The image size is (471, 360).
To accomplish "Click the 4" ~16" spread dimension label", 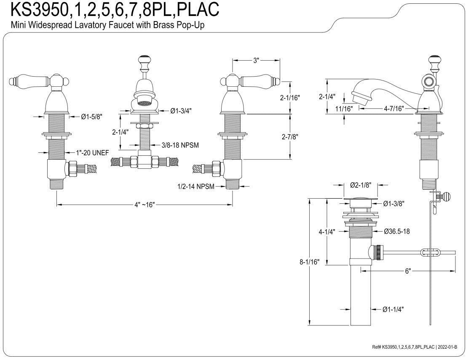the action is (145, 205).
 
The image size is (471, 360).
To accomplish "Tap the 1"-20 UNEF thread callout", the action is (92, 153).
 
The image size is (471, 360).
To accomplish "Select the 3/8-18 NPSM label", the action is (180, 145).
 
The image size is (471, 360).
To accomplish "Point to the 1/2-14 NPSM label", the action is (196, 187).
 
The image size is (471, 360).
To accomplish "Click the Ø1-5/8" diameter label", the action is (92, 117).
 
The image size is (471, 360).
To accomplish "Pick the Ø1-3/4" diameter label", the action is (181, 111).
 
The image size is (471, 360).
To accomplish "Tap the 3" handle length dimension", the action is (256, 60).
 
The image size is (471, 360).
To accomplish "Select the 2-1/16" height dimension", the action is (290, 98).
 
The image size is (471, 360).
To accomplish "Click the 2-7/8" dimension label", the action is (290, 137).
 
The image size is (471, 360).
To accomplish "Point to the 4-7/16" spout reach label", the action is (393, 108).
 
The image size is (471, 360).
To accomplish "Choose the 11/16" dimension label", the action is (344, 108).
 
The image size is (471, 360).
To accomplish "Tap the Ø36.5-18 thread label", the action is (396, 231).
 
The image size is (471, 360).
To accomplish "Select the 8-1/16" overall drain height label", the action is (309, 262).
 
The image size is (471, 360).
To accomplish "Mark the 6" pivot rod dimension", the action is (408, 271).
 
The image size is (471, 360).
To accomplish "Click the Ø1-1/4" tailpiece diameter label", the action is (393, 309).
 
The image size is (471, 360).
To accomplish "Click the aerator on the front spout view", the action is (145, 103).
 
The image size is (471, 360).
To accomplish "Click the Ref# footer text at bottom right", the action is (415, 347).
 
